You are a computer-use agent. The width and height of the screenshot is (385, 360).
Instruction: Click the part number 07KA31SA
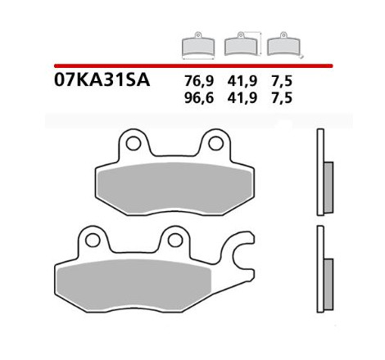[102, 80]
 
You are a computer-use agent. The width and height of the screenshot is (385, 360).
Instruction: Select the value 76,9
[199, 82]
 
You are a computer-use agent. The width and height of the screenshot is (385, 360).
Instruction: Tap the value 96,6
[199, 98]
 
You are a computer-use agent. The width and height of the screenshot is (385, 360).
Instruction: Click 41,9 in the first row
[242, 82]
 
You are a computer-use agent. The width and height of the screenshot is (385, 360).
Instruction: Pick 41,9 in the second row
[242, 98]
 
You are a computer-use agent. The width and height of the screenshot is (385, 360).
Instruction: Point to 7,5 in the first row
[282, 82]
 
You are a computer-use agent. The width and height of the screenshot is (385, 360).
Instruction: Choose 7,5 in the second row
[282, 98]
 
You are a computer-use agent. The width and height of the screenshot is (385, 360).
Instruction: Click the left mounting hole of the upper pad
[134, 143]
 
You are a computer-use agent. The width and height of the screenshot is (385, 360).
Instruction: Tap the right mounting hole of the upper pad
[215, 143]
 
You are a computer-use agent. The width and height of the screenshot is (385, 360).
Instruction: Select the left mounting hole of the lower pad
[93, 241]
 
